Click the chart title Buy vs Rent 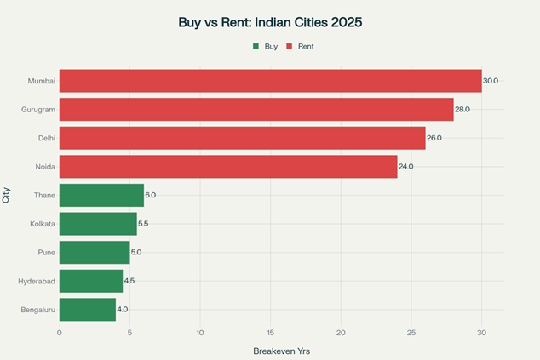pos(269,22)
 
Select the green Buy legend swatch pos(256,46)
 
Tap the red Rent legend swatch pos(290,46)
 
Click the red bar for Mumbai pos(270,81)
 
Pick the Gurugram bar pos(256,110)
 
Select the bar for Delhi pos(242,138)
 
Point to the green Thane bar pos(101,195)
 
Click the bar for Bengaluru pos(87,309)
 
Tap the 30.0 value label pos(491,81)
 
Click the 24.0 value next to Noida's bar pos(405,167)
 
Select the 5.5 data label pos(144,224)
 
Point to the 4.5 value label pos(130,281)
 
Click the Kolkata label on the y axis pos(43,224)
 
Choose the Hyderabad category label pos(37,281)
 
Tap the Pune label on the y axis pos(47,252)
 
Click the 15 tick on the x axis pos(270,333)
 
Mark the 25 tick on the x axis pos(411,333)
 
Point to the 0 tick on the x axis pos(60,333)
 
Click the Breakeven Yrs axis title pos(282,351)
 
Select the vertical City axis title pos(7,195)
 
